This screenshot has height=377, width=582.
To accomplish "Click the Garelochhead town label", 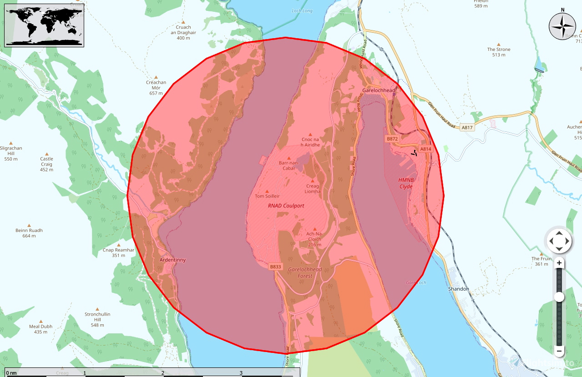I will pos(379,90).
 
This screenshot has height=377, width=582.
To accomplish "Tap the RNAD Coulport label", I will pos(286,206).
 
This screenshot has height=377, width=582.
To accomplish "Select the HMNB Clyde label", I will pos(406,183).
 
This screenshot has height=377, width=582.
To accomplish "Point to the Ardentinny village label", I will pos(172,260).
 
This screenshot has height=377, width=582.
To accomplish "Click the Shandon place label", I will pos(458,289).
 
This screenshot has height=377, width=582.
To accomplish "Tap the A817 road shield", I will pos(467,128).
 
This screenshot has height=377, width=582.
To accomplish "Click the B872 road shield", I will pos(392,139).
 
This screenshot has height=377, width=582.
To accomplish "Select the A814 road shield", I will pos(425,149).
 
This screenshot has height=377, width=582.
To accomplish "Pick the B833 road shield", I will pos(275,266).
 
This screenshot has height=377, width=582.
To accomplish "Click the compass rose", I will pos(562,26).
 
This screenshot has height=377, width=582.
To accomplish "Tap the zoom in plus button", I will pos(559,263).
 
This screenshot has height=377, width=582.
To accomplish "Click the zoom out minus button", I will pos(559,351).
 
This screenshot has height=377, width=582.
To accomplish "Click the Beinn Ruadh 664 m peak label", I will pos(29,233).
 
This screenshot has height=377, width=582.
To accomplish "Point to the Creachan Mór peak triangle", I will pos(156,77).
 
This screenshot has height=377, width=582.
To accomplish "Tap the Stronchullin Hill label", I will pos(97,317).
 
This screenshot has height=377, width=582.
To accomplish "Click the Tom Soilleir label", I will pos(267,196).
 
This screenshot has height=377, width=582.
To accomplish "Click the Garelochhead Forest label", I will pos(305,272).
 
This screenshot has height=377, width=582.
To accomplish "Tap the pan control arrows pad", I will pos(559,241).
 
